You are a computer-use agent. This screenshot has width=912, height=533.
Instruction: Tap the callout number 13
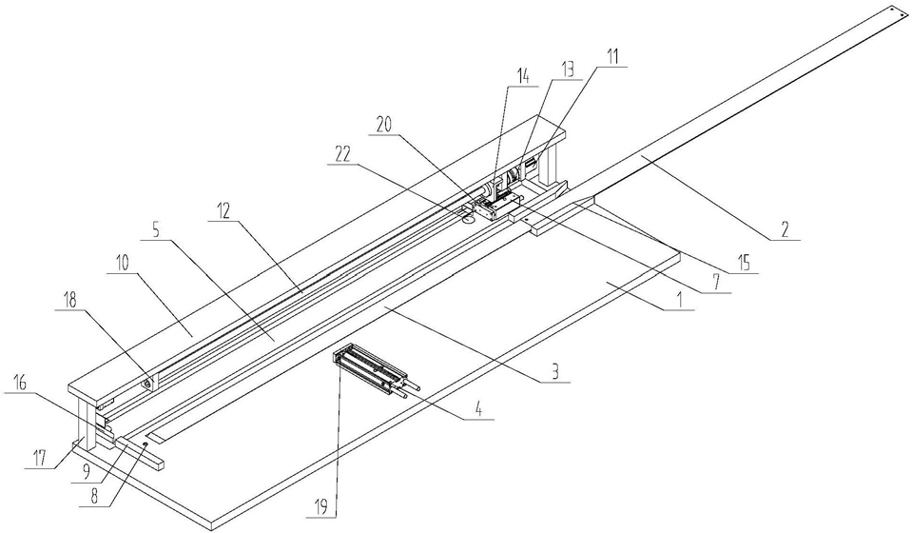coord(567,68)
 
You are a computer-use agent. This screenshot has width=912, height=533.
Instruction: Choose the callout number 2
coord(786,227)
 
